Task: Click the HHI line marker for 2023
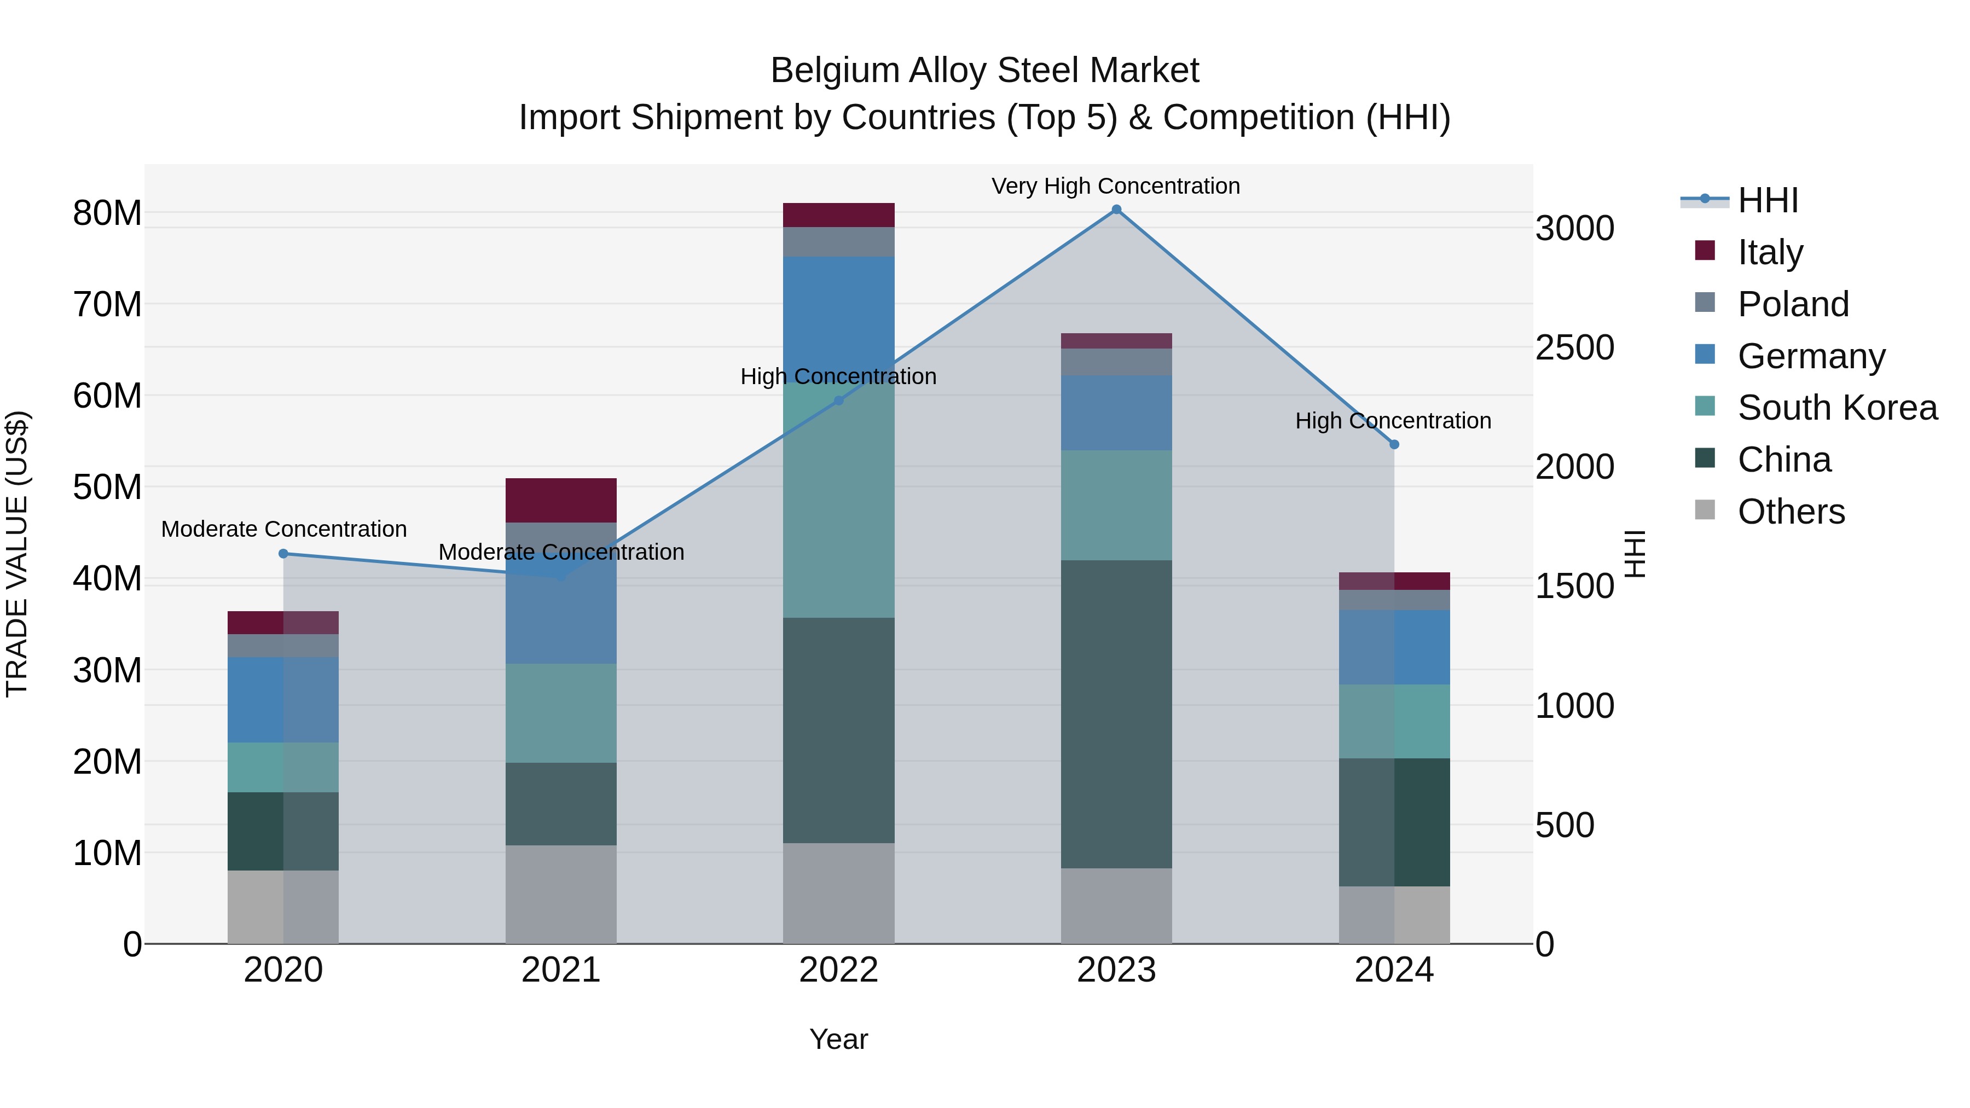(x=1116, y=210)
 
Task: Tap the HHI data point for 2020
(x=283, y=554)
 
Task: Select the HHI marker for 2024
(x=1394, y=444)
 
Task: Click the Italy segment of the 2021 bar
(x=560, y=500)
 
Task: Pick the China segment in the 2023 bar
(x=1116, y=713)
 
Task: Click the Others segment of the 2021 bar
(x=560, y=894)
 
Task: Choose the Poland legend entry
(x=1793, y=304)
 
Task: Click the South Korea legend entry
(x=1837, y=408)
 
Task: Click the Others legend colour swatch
(x=1705, y=510)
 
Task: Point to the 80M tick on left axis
(x=107, y=213)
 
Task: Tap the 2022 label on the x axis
(x=838, y=970)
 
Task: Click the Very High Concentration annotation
(x=1116, y=186)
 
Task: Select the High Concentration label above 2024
(x=1393, y=421)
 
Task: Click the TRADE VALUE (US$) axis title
(x=17, y=554)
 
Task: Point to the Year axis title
(x=838, y=1039)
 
